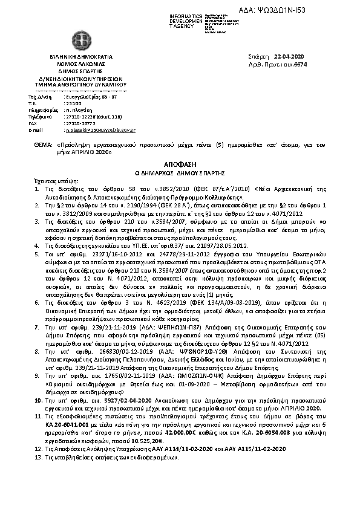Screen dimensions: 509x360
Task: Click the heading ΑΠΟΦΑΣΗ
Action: pyautogui.click(x=180, y=164)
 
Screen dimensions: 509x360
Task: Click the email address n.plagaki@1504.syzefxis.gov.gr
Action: pyautogui.click(x=100, y=130)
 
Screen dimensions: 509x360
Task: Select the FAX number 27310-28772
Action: pyautogui.click(x=80, y=123)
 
